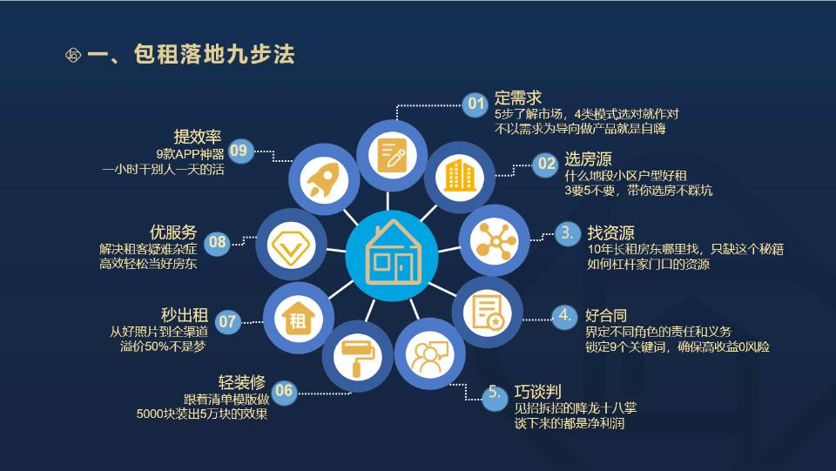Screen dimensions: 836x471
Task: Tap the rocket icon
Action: point(324,179)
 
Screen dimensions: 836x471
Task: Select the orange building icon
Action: point(459,175)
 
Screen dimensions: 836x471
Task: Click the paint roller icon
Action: point(358,358)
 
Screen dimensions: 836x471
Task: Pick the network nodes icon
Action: point(496,240)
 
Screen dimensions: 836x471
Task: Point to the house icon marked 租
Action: point(298,318)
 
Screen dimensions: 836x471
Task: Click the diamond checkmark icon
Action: point(291,246)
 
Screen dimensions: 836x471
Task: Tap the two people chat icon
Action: point(429,355)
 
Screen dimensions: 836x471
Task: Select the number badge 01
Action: point(475,104)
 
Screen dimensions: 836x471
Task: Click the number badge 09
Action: point(240,151)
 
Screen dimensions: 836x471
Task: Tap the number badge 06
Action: point(284,392)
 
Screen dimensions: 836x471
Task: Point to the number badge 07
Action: point(227,322)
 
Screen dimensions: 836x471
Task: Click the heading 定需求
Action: point(517,98)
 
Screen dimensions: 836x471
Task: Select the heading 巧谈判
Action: point(537,392)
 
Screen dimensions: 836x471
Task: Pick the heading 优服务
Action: point(173,232)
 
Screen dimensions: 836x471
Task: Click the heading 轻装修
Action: point(241,382)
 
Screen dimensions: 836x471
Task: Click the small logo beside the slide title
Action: point(73,55)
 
